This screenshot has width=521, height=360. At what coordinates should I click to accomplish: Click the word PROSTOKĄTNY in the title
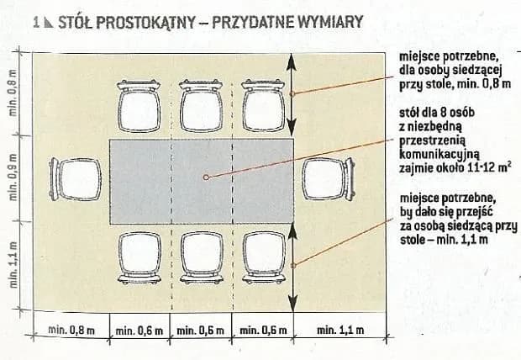(x=139, y=22)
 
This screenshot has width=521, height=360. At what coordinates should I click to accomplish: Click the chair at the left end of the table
(x=70, y=179)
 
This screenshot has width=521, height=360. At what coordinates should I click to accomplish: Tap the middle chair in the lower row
(x=200, y=255)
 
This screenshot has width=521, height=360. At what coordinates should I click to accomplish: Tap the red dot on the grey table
(x=206, y=177)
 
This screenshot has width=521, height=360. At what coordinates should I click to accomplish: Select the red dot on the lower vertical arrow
(x=292, y=266)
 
